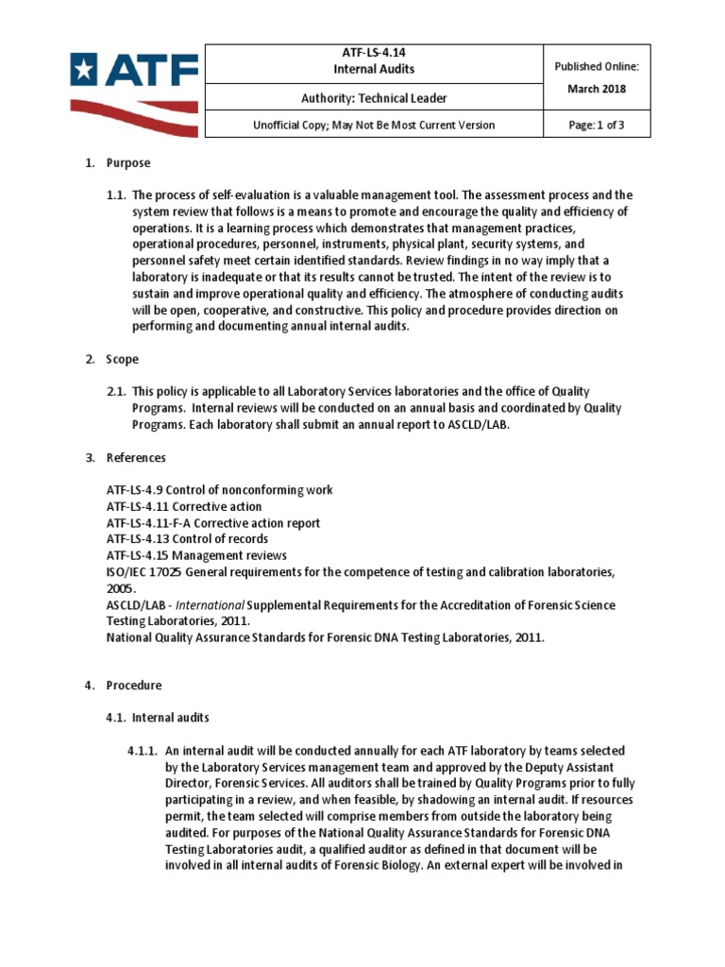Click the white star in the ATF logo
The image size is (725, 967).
[x=84, y=69]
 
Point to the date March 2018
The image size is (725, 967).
[x=596, y=89]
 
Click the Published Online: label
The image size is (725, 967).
[x=596, y=67]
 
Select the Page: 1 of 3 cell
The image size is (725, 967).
[x=596, y=125]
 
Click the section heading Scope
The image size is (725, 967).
[x=123, y=359]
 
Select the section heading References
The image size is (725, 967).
[x=136, y=457]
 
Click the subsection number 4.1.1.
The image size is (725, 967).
[x=144, y=751]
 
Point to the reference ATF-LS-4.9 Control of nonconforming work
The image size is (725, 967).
[x=219, y=490]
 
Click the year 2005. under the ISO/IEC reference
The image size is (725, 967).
[x=122, y=587]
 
